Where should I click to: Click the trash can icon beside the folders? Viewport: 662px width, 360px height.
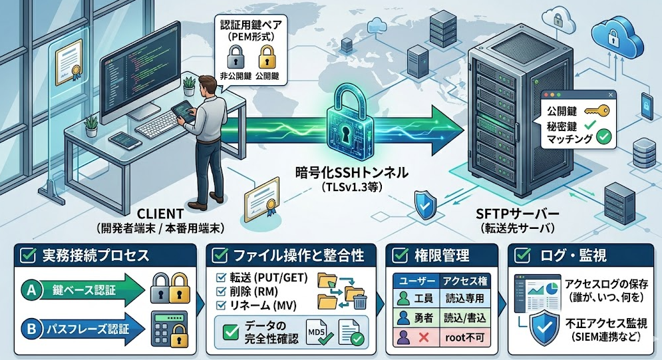point(359,303)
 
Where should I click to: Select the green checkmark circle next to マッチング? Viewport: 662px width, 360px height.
point(605,138)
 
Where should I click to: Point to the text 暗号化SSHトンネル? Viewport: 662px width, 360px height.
point(352,173)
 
